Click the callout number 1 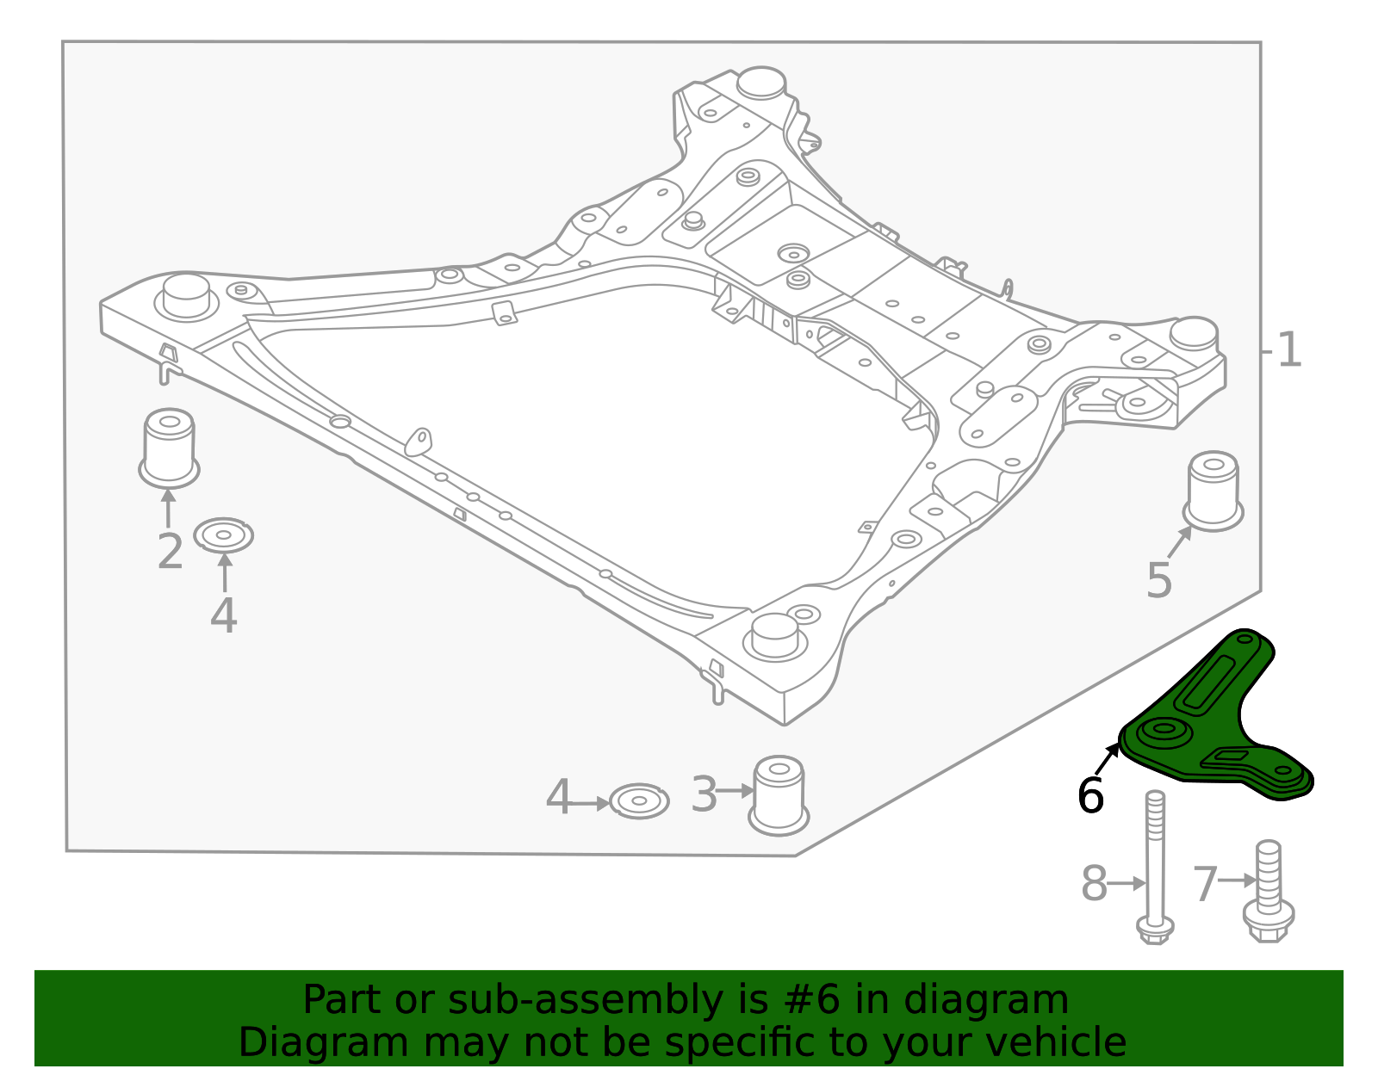point(1289,351)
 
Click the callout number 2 point(171,552)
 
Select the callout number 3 point(704,794)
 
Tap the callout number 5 point(1159,581)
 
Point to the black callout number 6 point(1090,795)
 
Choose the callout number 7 point(1205,884)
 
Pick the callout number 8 point(1094,884)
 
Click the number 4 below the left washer point(224,616)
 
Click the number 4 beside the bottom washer point(558,798)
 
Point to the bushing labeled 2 point(169,448)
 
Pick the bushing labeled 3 point(779,794)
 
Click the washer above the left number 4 point(224,535)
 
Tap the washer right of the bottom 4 point(639,801)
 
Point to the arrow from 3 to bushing point(735,790)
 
